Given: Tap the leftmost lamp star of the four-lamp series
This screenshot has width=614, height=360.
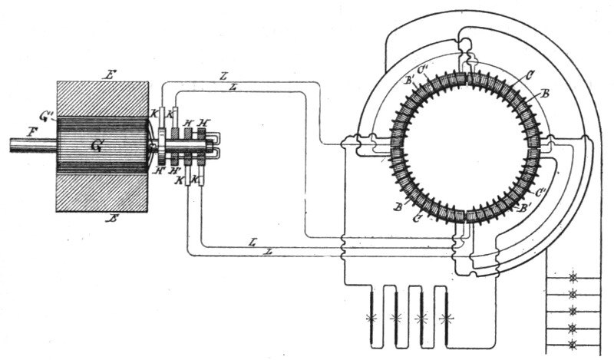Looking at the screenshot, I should (372, 316).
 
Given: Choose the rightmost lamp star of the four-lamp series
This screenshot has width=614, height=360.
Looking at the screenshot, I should (444, 316).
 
